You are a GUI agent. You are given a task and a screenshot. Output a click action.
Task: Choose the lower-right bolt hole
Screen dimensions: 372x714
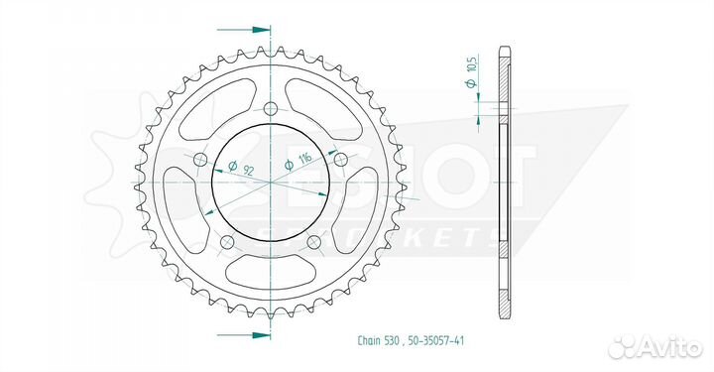(314, 243)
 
